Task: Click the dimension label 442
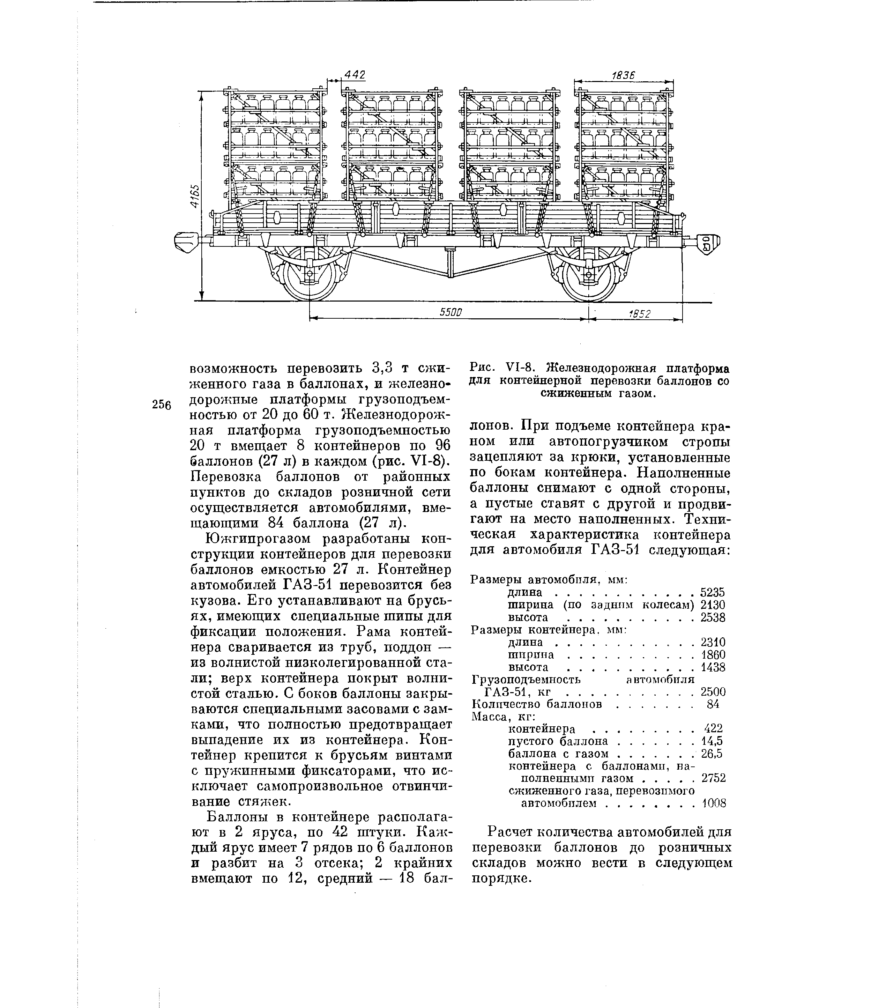[x=355, y=74]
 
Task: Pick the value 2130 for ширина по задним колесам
[x=713, y=605]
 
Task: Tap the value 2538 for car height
[x=713, y=617]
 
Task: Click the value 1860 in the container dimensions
[x=713, y=655]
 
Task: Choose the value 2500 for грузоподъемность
[x=713, y=692]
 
